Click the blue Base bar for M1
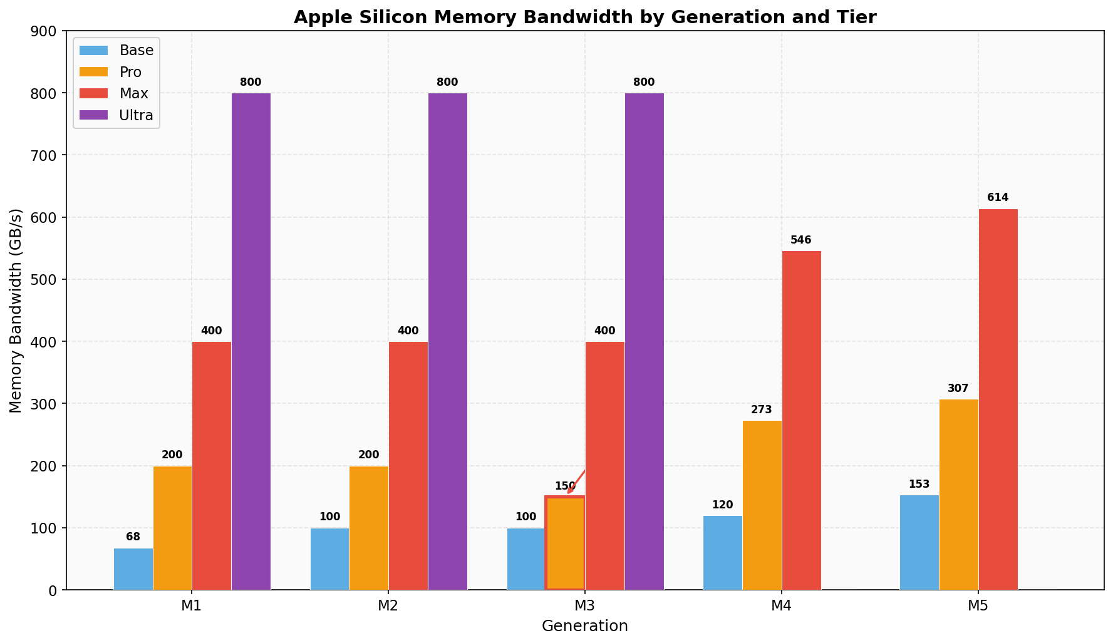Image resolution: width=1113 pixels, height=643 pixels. pyautogui.click(x=133, y=569)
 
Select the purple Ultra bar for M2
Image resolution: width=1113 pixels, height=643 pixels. pyautogui.click(x=448, y=341)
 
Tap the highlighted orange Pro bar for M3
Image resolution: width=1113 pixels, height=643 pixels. pyautogui.click(x=565, y=543)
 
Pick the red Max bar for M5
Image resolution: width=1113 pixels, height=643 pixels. pyautogui.click(x=998, y=399)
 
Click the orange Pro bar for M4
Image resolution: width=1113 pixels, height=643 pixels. pyautogui.click(x=762, y=505)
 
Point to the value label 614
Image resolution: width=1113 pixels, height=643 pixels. pyautogui.click(x=998, y=198)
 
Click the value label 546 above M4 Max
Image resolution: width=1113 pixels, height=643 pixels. pyautogui.click(x=801, y=240)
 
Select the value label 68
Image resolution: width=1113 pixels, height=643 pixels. pyautogui.click(x=133, y=537)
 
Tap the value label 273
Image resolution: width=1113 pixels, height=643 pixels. pyautogui.click(x=762, y=410)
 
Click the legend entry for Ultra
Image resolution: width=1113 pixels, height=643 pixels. pyautogui.click(x=136, y=115)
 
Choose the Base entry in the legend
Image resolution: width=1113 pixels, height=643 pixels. pyautogui.click(x=136, y=51)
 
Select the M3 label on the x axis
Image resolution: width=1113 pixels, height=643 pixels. pyautogui.click(x=584, y=606)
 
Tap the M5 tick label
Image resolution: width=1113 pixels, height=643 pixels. pyautogui.click(x=978, y=606)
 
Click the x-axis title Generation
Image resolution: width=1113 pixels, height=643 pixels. pyautogui.click(x=584, y=626)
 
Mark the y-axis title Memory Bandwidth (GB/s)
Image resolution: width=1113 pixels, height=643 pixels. pyautogui.click(x=16, y=311)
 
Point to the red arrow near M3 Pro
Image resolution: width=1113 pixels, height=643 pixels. pyautogui.click(x=576, y=481)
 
